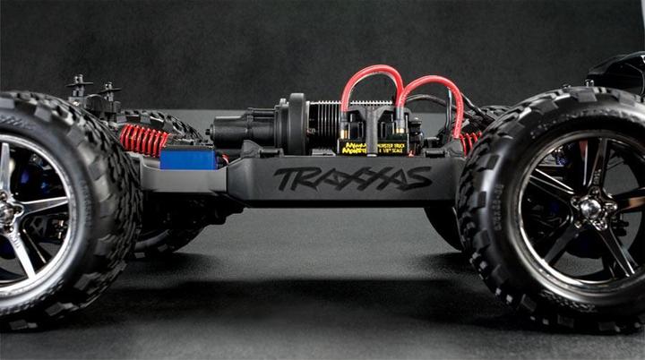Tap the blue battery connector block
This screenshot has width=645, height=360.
coord(188,159)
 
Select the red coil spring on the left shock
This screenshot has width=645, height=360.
coord(144,140)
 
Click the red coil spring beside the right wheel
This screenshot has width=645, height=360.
coord(469,141)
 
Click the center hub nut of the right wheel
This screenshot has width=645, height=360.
coord(589,208)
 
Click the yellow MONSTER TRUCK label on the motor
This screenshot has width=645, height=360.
coord(391,146)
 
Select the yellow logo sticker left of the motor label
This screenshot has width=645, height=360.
coord(352,146)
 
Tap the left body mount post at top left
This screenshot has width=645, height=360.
coord(80,88)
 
